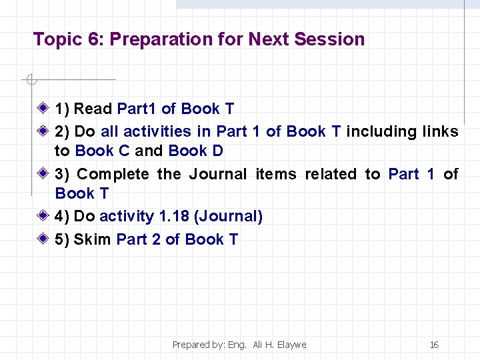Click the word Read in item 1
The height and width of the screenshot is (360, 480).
(x=93, y=109)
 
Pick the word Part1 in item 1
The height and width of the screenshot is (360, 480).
(x=137, y=109)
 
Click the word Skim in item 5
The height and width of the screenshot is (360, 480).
(x=93, y=240)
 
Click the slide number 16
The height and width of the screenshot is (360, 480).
(x=434, y=345)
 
